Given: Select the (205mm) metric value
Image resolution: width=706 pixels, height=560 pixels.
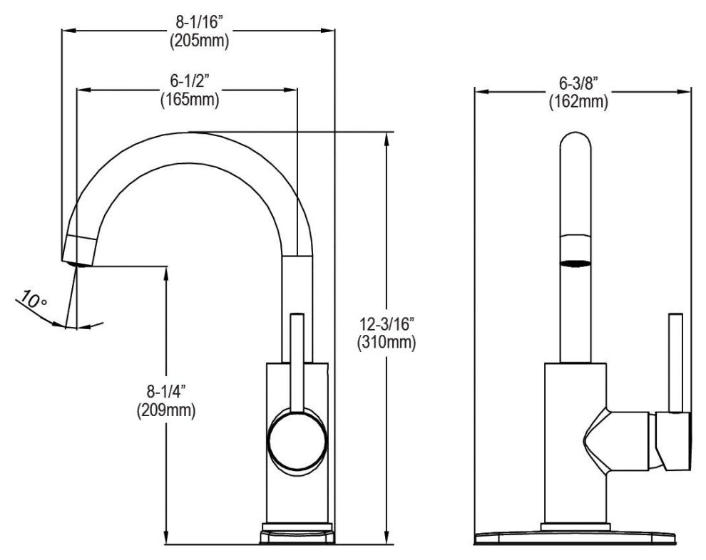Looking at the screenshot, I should [x=199, y=42].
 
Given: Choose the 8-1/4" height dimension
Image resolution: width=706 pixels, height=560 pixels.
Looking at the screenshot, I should [x=166, y=393].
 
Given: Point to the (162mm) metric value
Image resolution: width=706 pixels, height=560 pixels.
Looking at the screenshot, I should [x=578, y=102].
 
